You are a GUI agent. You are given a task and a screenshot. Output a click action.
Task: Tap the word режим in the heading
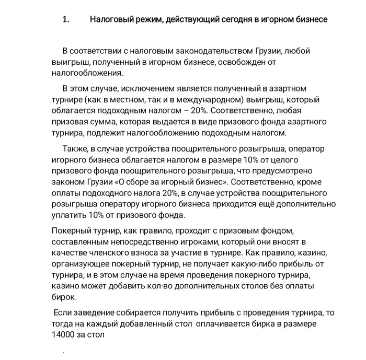click(x=143, y=19)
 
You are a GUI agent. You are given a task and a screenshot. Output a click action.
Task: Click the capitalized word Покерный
click(x=70, y=231)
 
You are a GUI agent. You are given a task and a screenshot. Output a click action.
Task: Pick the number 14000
click(x=64, y=335)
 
